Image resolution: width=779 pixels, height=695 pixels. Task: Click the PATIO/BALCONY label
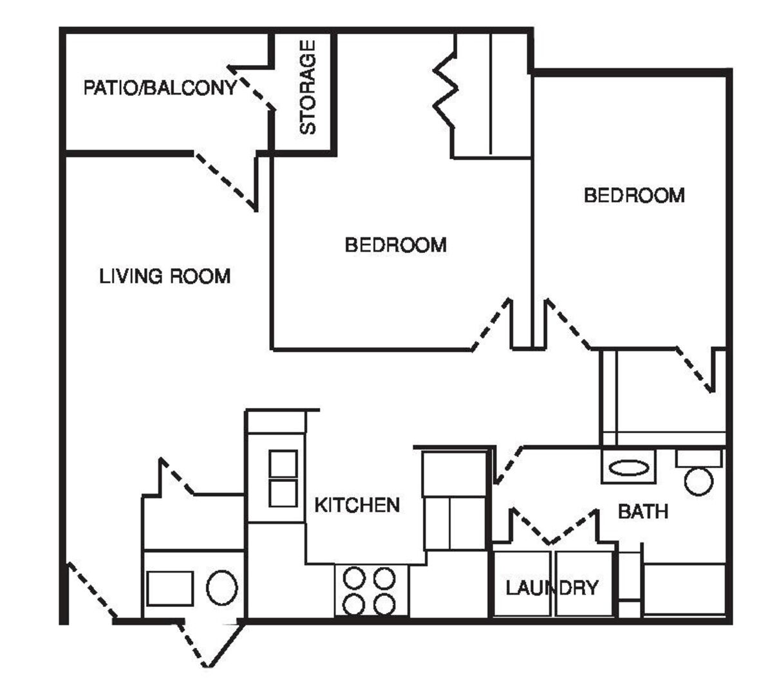point(160,88)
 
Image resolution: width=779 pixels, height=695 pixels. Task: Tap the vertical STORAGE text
point(308,88)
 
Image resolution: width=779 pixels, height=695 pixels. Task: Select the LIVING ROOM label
point(165,276)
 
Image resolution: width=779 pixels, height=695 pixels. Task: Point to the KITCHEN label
point(357,505)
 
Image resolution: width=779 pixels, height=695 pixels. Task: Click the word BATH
point(643,512)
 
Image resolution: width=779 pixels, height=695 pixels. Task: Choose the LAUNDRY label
point(552,588)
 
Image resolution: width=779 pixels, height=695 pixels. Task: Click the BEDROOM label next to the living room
point(396,245)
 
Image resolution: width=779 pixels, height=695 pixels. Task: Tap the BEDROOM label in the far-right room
point(634,195)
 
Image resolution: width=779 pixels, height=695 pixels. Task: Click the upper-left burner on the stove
point(353,578)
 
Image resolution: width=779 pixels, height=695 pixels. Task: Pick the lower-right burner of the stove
point(384,605)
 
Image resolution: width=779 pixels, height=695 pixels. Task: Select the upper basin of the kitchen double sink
point(283,463)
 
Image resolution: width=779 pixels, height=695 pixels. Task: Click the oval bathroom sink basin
point(629,468)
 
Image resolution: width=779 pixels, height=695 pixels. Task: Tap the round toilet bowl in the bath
point(699,481)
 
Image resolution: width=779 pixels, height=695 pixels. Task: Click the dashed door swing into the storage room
point(252,88)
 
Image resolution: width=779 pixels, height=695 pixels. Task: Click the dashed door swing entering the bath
point(509,465)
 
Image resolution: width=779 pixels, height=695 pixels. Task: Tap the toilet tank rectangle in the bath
point(699,459)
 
